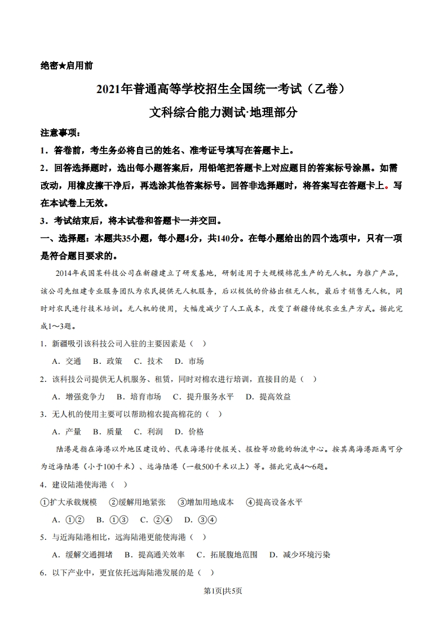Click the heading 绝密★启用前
pyautogui.click(x=67, y=65)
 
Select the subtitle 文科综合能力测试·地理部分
pyautogui.click(x=223, y=112)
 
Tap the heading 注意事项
pyautogui.click(x=61, y=134)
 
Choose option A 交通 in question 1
pyautogui.click(x=67, y=361)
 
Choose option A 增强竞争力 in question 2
pyautogui.click(x=78, y=397)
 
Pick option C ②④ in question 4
pyautogui.click(x=156, y=520)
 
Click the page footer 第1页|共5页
pyautogui.click(x=223, y=591)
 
